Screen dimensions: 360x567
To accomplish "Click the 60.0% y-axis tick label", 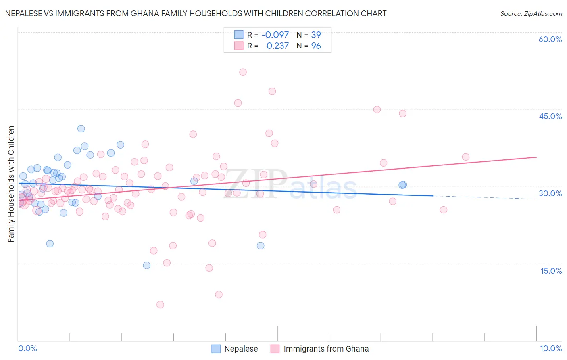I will click(x=550, y=39).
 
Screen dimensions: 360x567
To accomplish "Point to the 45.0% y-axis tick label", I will click(x=550, y=116).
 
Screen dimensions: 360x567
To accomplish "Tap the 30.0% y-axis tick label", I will click(x=550, y=193).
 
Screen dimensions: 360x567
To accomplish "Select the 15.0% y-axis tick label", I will click(x=551, y=271).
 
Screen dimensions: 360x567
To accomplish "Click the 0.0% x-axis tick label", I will click(x=27, y=348).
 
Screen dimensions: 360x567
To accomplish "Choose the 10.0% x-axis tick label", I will click(x=550, y=348).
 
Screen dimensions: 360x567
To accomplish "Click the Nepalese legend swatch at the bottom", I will click(x=216, y=349).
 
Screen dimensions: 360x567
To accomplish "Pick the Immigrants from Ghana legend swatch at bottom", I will click(x=275, y=349).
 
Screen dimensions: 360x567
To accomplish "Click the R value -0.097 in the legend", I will click(x=275, y=35).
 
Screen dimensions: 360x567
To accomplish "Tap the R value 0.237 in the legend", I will click(x=277, y=46).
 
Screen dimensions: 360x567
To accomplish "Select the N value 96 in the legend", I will click(x=316, y=46).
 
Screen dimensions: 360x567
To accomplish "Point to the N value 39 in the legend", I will click(x=316, y=35).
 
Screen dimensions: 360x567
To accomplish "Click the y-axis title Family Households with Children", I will click(x=11, y=184).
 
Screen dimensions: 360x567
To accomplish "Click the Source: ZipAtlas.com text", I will click(x=531, y=14).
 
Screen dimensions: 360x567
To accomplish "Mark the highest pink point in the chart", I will click(x=243, y=72).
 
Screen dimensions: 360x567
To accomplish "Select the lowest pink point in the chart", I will click(x=160, y=305).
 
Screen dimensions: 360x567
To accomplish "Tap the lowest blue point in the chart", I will click(x=147, y=265).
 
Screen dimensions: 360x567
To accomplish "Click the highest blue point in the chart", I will click(x=81, y=129).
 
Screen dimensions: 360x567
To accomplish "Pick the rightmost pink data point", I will click(x=466, y=157).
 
